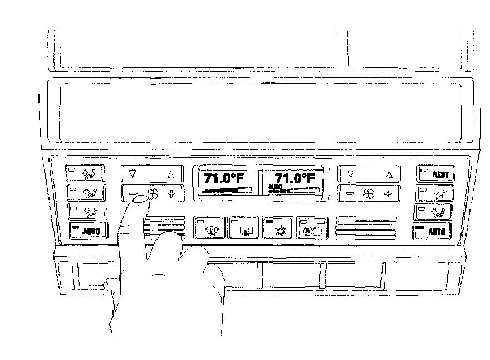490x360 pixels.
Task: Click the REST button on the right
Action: click(436, 174)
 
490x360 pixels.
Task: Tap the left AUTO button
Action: click(88, 230)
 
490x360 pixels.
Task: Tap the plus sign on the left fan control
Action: click(171, 193)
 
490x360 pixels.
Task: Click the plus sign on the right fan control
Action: click(388, 193)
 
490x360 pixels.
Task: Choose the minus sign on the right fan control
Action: click(350, 193)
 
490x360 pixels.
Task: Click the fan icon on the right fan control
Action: click(368, 193)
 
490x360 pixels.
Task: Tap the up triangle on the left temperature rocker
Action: click(170, 174)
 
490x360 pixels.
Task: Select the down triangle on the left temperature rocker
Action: click(132, 174)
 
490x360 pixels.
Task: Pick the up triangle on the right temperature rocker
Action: click(389, 174)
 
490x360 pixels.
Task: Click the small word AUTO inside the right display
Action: click(275, 187)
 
